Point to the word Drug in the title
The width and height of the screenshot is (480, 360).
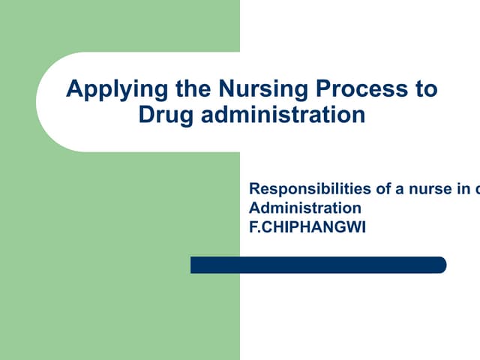click(161, 115)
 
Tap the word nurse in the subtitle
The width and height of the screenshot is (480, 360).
click(430, 190)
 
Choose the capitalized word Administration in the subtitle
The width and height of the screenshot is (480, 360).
click(304, 208)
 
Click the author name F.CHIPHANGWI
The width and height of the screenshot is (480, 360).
click(307, 225)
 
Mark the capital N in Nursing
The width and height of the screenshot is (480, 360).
click(226, 89)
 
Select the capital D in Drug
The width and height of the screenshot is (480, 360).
click(145, 115)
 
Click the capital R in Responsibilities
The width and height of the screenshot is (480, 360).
click(254, 190)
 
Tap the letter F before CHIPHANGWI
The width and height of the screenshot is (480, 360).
click(253, 225)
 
